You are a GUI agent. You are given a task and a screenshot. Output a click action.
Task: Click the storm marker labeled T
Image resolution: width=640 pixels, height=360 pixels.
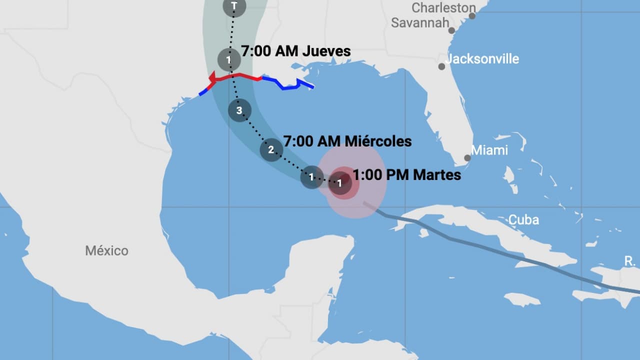(x=234, y=6)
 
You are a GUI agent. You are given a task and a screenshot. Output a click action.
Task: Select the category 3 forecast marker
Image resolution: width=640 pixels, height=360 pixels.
(x=239, y=110)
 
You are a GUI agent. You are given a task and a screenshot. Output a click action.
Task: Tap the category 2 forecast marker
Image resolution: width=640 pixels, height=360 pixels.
(x=271, y=149)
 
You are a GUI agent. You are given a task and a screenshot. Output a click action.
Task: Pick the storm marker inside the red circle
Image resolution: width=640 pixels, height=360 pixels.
(x=339, y=183)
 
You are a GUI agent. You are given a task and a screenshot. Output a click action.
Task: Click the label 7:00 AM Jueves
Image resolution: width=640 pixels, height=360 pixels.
(x=296, y=51)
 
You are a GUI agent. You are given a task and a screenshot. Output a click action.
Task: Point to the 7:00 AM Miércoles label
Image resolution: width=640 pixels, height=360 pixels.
(x=347, y=141)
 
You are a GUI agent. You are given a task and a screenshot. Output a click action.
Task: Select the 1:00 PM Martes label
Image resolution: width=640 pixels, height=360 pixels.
(x=407, y=175)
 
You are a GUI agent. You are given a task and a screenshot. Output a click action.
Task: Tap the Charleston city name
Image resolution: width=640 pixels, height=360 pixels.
(x=443, y=7)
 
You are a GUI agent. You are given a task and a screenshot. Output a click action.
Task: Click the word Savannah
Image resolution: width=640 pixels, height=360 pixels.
(x=419, y=23)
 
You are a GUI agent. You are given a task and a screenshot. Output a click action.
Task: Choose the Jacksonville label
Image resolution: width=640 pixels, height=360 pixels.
(x=482, y=59)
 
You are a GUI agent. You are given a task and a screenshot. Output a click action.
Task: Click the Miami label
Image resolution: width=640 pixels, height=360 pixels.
(x=489, y=150)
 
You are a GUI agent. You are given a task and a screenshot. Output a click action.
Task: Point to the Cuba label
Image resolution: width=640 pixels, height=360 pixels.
(x=523, y=219)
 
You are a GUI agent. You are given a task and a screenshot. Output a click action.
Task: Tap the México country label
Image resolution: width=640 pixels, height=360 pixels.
(x=106, y=250)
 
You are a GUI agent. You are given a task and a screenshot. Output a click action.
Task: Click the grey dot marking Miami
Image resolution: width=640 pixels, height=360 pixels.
(x=467, y=158)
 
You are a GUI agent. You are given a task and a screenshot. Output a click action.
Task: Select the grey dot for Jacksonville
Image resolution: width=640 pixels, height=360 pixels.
(x=441, y=66)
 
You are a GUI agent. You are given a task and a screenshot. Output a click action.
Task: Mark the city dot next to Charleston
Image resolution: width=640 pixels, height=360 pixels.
(x=472, y=16)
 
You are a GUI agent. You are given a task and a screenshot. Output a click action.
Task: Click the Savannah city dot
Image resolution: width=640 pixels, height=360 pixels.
(x=451, y=30)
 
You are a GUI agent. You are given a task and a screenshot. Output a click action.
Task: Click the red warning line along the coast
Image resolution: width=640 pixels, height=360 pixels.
(x=237, y=76)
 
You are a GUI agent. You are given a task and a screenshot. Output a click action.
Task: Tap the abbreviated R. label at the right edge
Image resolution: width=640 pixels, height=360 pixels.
(x=629, y=260)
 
